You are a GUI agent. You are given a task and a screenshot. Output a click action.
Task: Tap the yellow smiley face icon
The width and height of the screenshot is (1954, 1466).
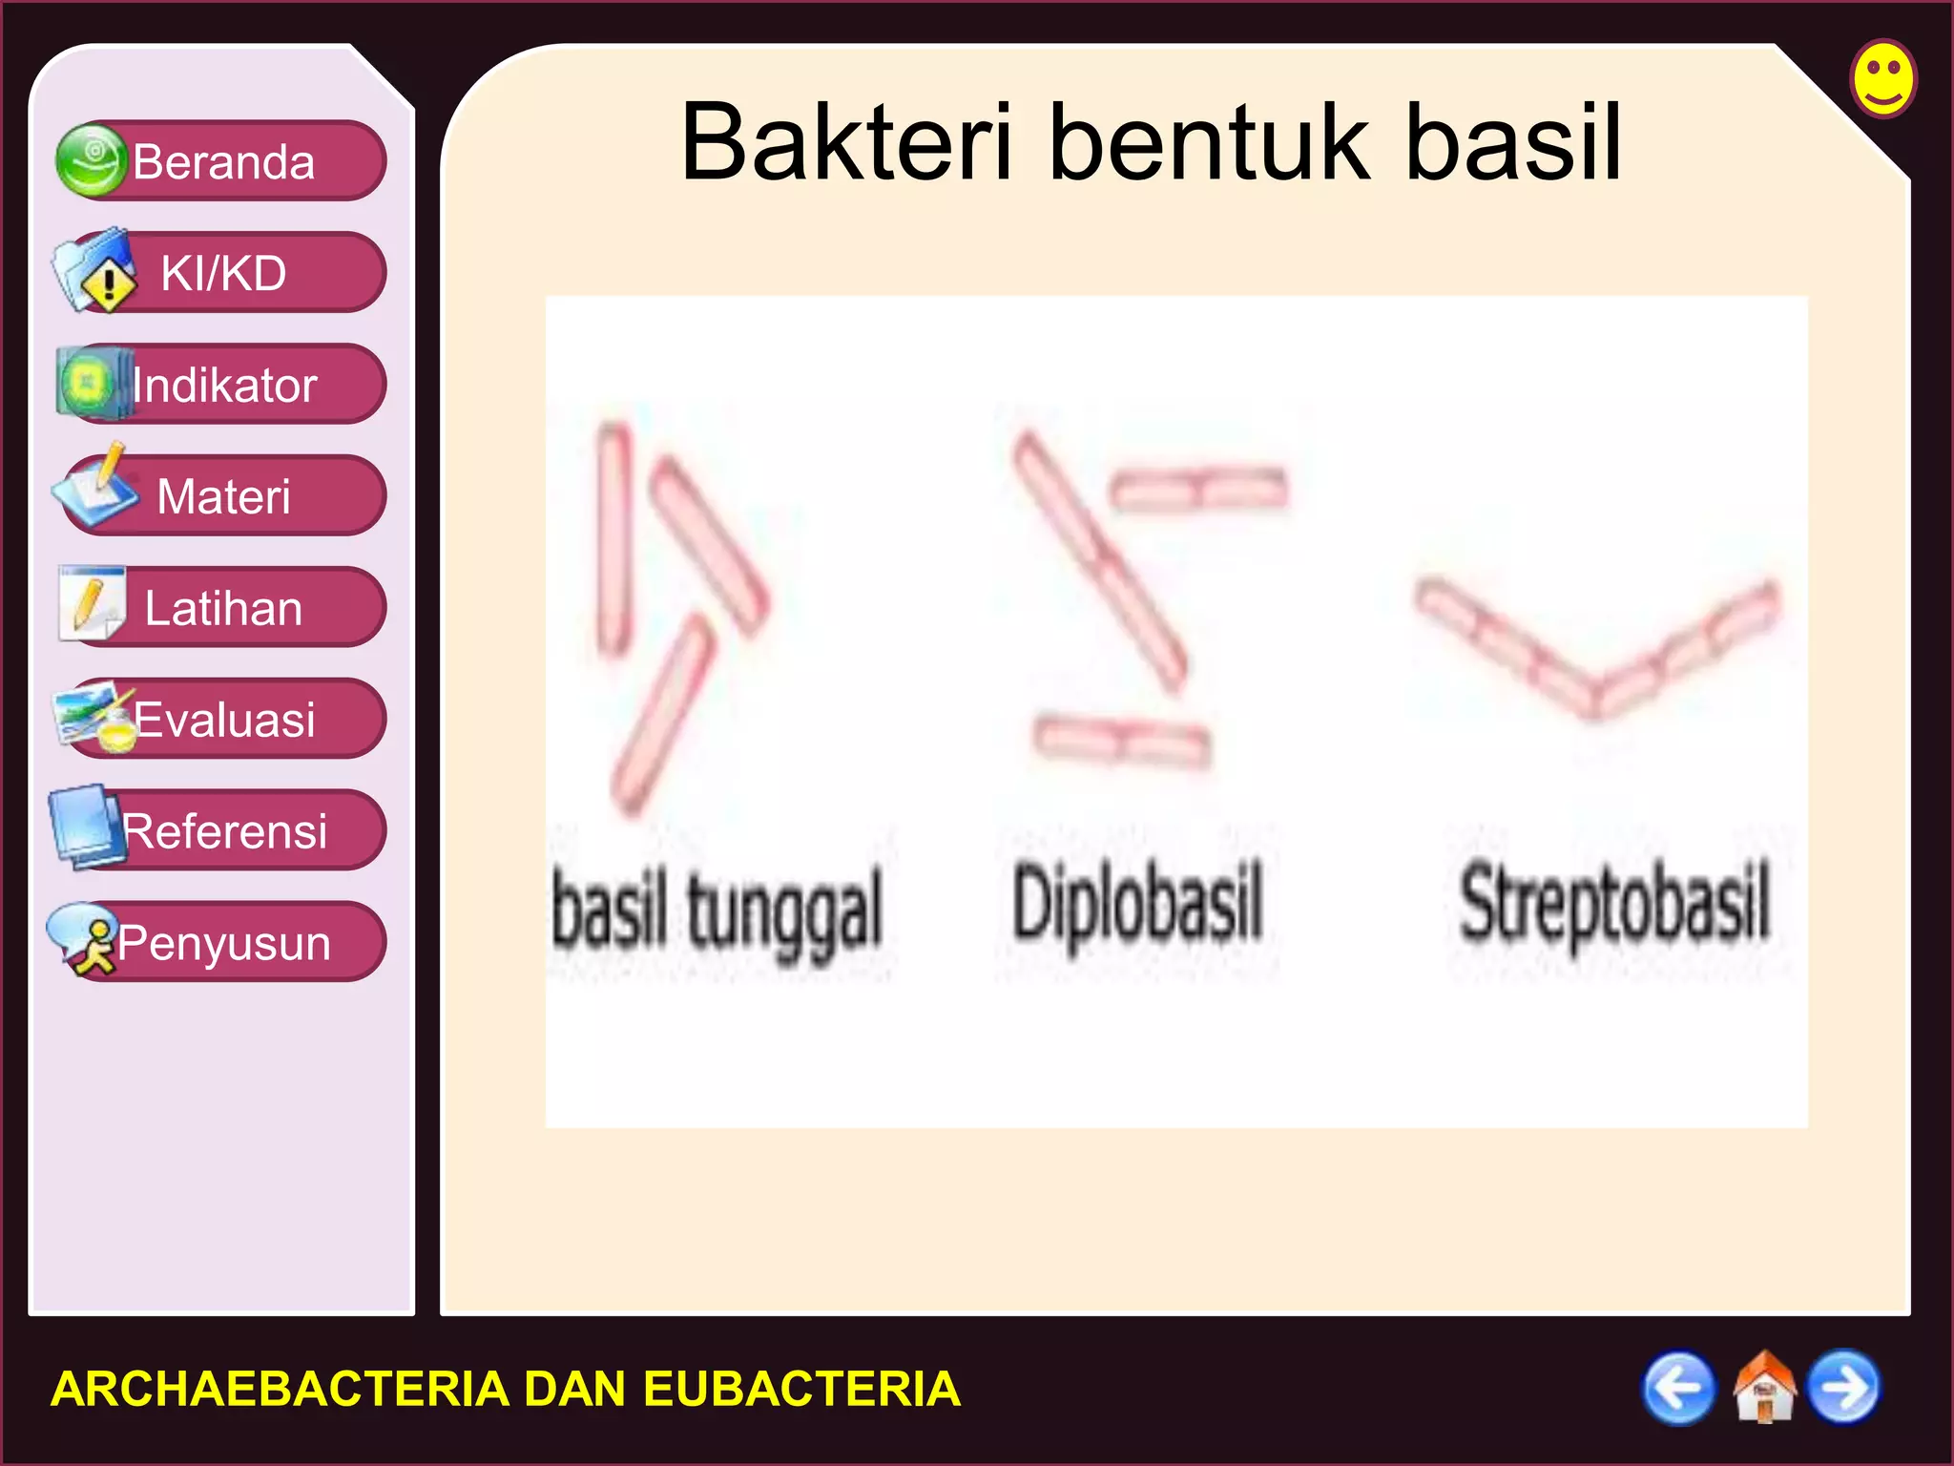[x=1883, y=78]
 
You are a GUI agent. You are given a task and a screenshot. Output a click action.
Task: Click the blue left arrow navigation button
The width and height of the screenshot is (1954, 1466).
[x=1678, y=1388]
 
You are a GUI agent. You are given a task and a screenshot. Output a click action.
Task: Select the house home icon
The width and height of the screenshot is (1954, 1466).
[x=1763, y=1388]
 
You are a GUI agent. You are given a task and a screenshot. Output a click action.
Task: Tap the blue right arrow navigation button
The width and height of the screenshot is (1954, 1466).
[x=1844, y=1388]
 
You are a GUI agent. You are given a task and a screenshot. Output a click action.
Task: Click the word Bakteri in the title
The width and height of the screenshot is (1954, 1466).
[x=846, y=143]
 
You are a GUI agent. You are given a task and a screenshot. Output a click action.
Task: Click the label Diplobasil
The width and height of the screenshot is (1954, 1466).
[x=1137, y=903]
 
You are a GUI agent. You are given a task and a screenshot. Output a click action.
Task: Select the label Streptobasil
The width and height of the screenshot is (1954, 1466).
[x=1614, y=903]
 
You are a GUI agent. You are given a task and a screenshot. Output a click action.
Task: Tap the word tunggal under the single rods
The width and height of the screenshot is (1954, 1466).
[x=784, y=912]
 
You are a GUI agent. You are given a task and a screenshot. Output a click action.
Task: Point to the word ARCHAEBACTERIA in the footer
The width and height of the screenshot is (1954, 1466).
[x=279, y=1389]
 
